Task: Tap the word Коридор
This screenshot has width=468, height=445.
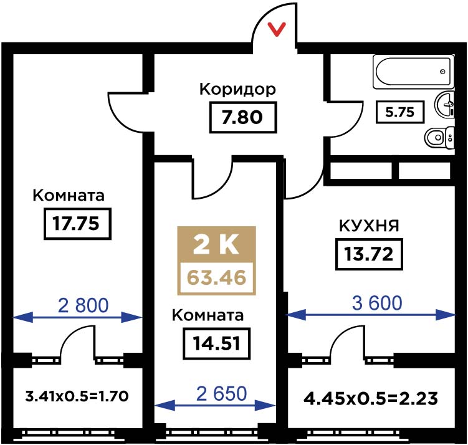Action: click(237, 89)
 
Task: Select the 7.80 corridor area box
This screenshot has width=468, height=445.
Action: click(242, 117)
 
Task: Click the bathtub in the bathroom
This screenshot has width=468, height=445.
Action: click(413, 72)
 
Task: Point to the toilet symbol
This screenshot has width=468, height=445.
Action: click(439, 138)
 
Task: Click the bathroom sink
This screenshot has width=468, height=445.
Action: click(444, 105)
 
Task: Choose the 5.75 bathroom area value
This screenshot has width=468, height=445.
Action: click(400, 112)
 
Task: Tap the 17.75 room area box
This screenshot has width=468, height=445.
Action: click(77, 224)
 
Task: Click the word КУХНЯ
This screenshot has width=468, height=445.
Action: click(369, 226)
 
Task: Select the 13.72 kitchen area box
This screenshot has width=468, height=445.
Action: click(369, 254)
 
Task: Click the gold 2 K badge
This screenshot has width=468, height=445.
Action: click(216, 245)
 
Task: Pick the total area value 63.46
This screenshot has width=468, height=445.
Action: click(216, 277)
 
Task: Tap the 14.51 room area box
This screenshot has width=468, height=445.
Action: click(216, 343)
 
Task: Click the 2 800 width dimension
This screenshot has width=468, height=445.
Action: click(83, 305)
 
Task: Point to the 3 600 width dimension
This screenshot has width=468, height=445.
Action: click(377, 303)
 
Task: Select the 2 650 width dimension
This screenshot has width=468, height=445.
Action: click(221, 393)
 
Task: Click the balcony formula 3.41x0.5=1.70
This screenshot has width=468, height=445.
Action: click(77, 396)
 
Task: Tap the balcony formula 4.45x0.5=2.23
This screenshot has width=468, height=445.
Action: click(370, 399)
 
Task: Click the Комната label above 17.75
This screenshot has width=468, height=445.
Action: click(69, 196)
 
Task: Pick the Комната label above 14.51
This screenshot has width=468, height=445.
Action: click(208, 315)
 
